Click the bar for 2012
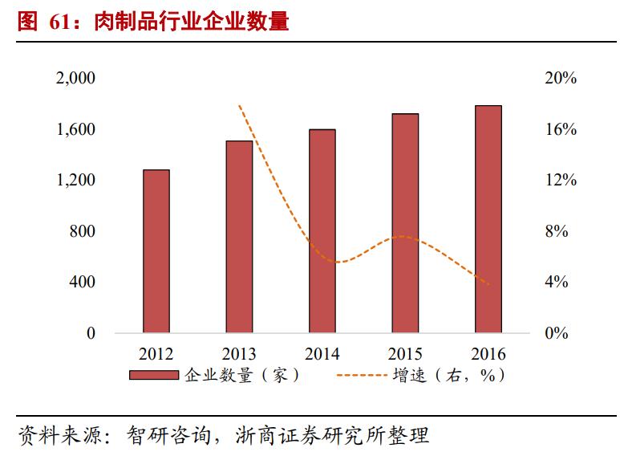click(156, 251)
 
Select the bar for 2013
click(239, 237)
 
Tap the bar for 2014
click(322, 231)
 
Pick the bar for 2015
click(405, 223)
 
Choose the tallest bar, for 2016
click(488, 219)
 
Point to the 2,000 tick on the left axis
click(75, 79)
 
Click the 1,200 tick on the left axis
click(75, 181)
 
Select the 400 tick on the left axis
click(80, 283)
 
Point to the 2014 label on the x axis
click(322, 354)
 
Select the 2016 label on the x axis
click(488, 354)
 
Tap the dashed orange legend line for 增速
click(360, 376)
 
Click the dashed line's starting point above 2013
click(239, 105)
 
